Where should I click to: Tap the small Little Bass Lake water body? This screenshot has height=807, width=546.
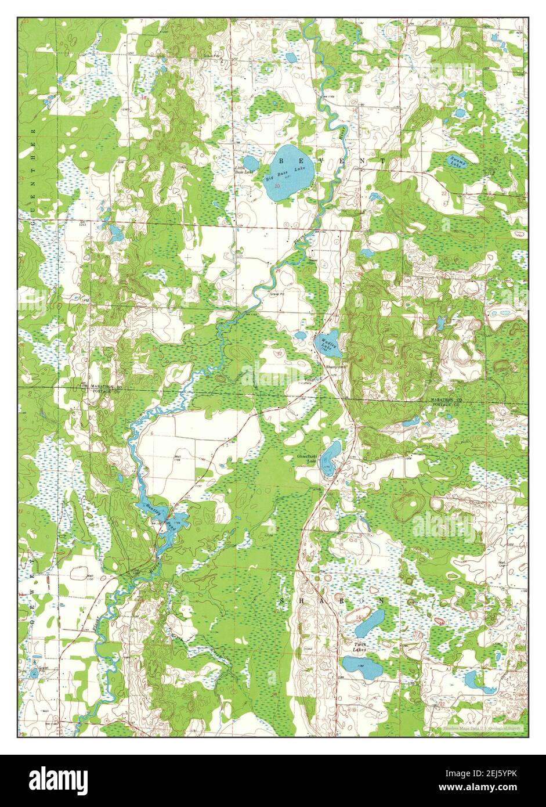coord(251,163)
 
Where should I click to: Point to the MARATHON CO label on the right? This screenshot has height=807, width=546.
coord(445,401)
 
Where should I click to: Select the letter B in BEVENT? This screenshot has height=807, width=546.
coord(281,158)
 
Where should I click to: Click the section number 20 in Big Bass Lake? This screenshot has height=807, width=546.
coord(277,186)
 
